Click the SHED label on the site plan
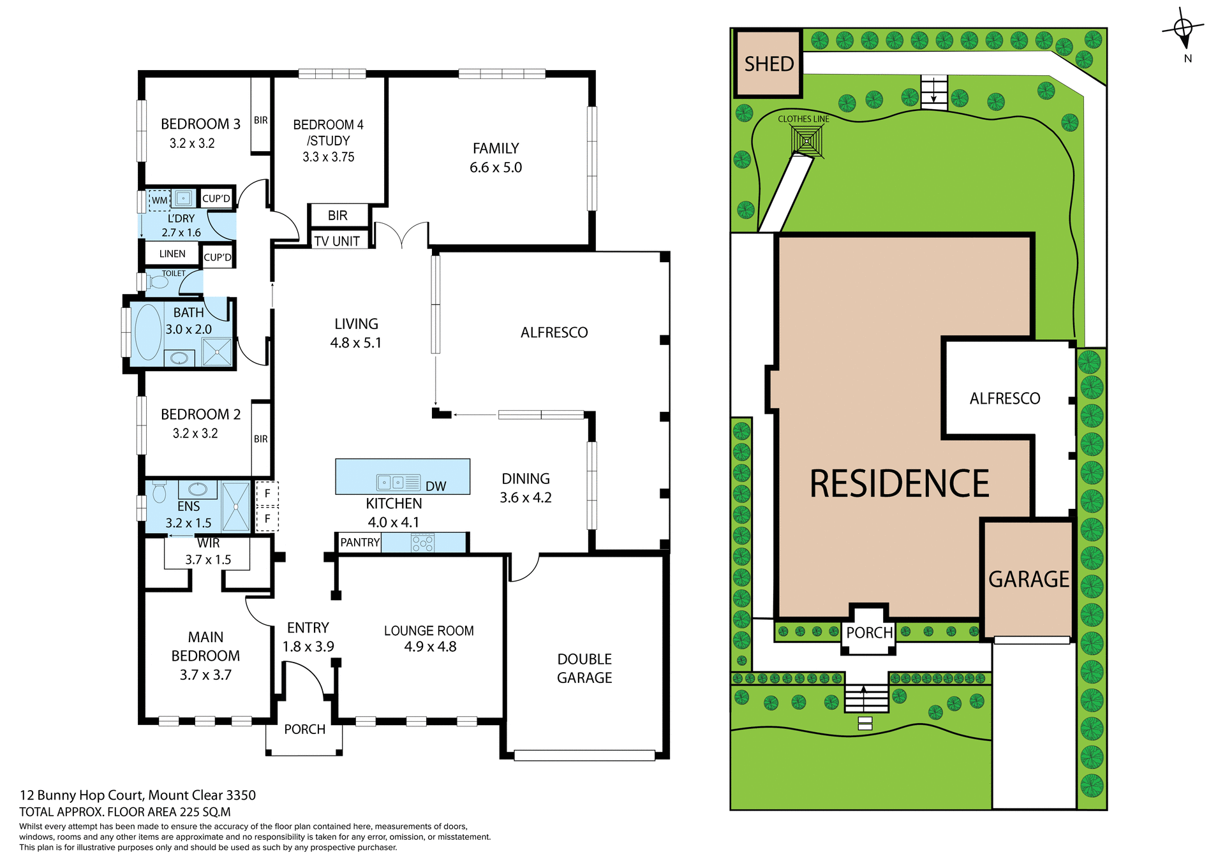[769, 64]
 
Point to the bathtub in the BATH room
[149, 332]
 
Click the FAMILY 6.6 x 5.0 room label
[496, 158]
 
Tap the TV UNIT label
[337, 241]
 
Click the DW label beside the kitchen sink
[436, 487]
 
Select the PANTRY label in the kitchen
[360, 543]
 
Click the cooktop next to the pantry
[422, 543]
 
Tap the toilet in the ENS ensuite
[160, 492]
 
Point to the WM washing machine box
[160, 200]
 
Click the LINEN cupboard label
[172, 254]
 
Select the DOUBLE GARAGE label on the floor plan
[584, 668]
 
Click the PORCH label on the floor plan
[304, 729]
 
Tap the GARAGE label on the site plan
[1028, 579]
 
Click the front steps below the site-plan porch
[866, 699]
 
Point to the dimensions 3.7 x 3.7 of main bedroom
[205, 675]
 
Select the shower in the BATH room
[217, 352]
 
